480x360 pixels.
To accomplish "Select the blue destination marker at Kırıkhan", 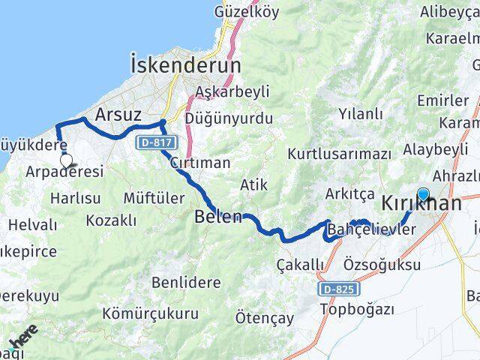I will coord(423,194).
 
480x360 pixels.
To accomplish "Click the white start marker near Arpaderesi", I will coord(66,160).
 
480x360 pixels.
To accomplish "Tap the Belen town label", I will coord(217,217).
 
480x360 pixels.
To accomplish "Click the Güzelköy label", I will coord(225,12).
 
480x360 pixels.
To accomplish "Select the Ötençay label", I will coord(264,317).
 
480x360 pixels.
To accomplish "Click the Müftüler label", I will coord(152,197).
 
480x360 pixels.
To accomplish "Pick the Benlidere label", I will coord(186,283).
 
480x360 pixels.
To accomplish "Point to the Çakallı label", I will coord(300,265).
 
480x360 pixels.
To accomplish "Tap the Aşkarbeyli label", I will coord(221,91).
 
